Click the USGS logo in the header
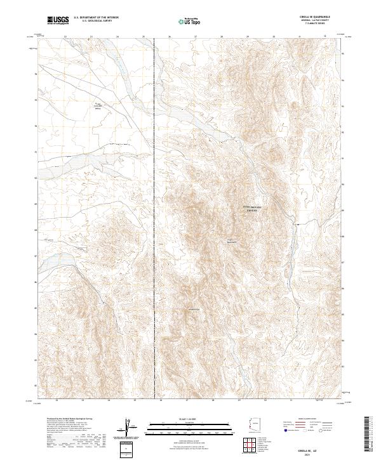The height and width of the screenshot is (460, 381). click(x=58, y=21)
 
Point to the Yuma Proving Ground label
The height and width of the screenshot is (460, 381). click(x=253, y=209)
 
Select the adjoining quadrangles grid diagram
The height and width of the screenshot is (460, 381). click(x=253, y=446)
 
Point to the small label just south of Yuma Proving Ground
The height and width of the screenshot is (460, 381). click(x=232, y=240)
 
